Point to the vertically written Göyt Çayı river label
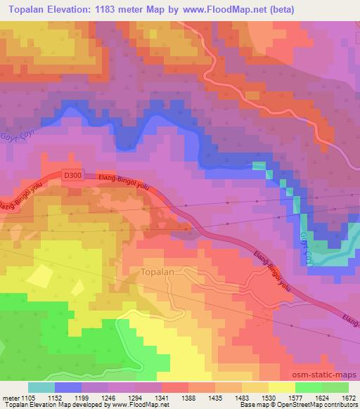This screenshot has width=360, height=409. click(x=304, y=249)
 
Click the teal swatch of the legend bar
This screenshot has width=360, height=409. click(x=41, y=387)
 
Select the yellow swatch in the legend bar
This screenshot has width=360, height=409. click(x=282, y=387)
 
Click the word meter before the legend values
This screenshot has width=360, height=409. click(x=12, y=397)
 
